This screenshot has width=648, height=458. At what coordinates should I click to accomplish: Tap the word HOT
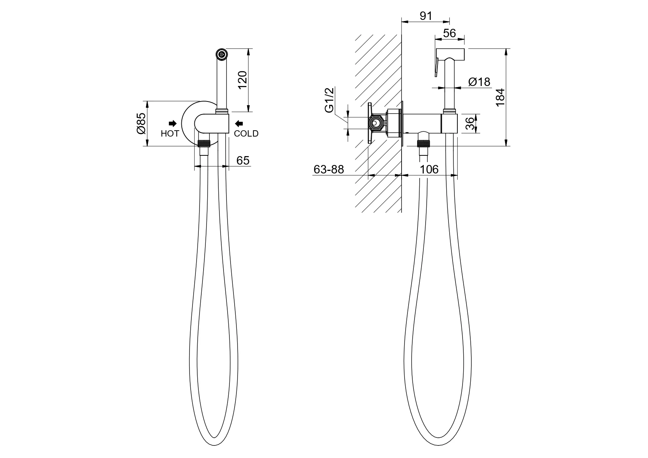tap(170, 134)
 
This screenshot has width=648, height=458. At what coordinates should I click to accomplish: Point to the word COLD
tap(246, 134)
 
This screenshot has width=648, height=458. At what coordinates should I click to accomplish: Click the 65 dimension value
tap(243, 160)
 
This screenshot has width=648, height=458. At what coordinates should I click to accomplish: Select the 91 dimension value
tap(426, 16)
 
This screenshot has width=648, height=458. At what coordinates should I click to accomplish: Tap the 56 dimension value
tap(449, 33)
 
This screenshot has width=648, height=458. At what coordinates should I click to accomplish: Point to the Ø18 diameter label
tap(479, 82)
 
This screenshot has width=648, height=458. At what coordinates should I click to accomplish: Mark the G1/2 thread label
tap(329, 100)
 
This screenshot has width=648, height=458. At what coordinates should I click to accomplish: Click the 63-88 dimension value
tap(328, 169)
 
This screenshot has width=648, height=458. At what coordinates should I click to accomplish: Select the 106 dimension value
tap(429, 169)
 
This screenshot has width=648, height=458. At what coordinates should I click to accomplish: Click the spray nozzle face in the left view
tap(222, 54)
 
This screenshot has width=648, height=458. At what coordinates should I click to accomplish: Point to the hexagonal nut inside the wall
tap(376, 123)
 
